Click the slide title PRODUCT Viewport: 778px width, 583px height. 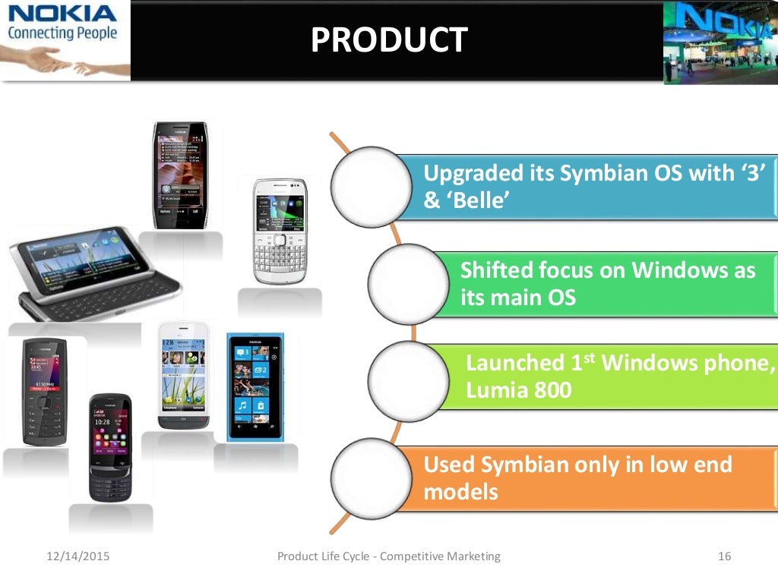click(x=388, y=39)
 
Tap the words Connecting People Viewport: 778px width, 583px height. click(x=62, y=33)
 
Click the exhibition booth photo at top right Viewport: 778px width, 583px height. click(x=720, y=42)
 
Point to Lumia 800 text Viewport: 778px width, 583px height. click(x=518, y=390)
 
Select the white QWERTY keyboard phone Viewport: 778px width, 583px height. click(x=280, y=231)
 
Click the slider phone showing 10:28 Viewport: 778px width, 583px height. click(x=110, y=448)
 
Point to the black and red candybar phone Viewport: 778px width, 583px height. click(x=45, y=392)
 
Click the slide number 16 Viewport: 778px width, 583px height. click(x=723, y=556)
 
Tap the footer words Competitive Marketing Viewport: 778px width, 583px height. click(x=440, y=556)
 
